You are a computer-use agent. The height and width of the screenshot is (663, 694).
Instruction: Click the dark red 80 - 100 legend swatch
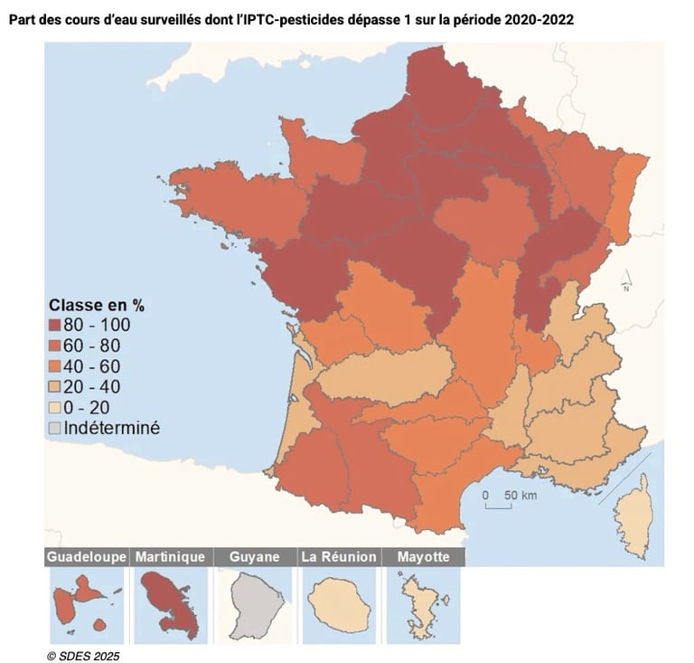pyautogui.click(x=54, y=325)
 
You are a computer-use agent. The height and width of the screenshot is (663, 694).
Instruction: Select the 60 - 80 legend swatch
pyautogui.click(x=54, y=346)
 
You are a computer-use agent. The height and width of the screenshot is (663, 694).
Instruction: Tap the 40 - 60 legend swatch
pyautogui.click(x=54, y=366)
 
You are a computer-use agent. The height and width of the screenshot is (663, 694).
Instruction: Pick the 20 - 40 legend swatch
pyautogui.click(x=54, y=387)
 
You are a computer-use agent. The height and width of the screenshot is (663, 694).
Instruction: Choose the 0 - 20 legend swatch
pyautogui.click(x=54, y=408)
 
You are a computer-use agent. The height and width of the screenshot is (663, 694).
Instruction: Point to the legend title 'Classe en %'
pyautogui.click(x=97, y=305)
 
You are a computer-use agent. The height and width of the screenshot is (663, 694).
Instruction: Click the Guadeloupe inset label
pyautogui.click(x=87, y=557)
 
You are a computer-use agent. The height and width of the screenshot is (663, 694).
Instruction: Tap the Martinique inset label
pyautogui.click(x=170, y=557)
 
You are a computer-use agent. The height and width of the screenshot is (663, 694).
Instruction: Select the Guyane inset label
pyautogui.click(x=254, y=557)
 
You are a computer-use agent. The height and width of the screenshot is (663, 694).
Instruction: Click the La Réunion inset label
pyautogui.click(x=339, y=557)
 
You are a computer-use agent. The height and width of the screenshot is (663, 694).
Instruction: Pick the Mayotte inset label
pyautogui.click(x=423, y=557)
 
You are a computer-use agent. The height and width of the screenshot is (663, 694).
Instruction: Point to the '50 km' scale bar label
pyautogui.click(x=520, y=496)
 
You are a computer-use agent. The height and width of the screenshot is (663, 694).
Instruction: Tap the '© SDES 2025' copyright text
pyautogui.click(x=82, y=655)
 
